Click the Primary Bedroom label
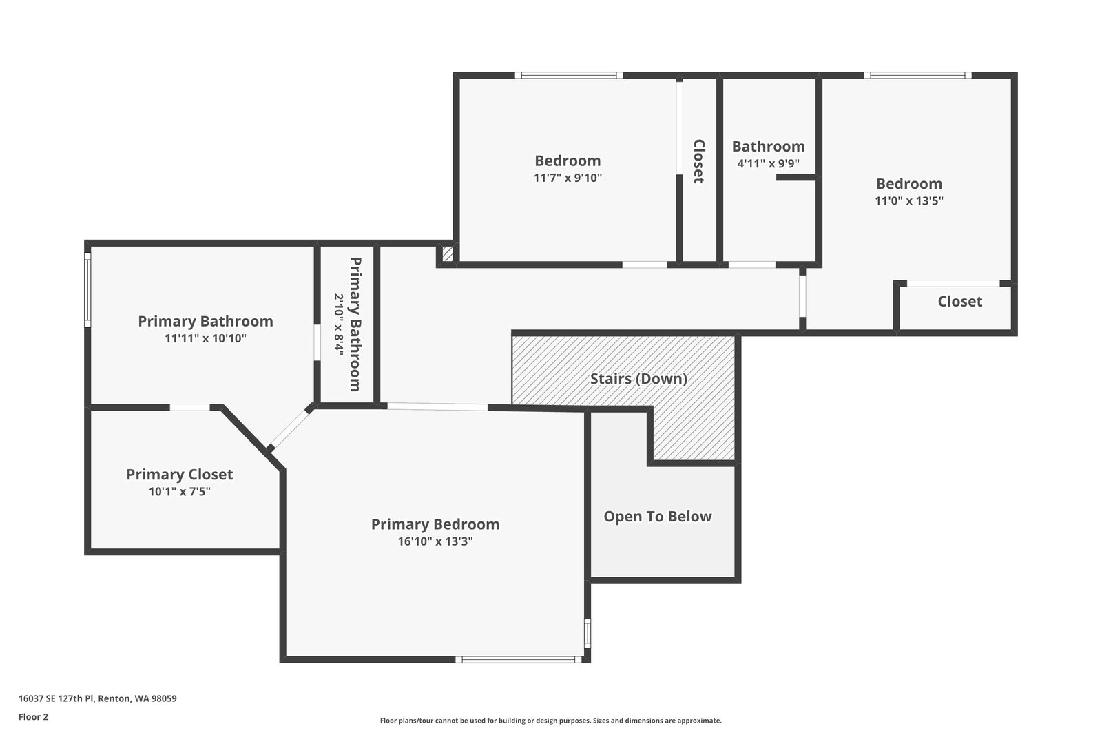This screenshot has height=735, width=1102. click(x=435, y=524)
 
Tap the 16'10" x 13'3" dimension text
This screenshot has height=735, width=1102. click(x=435, y=541)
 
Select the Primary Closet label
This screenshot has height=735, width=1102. click(x=180, y=475)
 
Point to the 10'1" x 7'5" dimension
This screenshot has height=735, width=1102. click(x=180, y=491)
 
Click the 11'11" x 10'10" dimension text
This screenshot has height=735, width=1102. click(x=206, y=338)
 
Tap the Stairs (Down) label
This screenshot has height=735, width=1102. click(x=638, y=379)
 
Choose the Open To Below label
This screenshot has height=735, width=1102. click(x=658, y=517)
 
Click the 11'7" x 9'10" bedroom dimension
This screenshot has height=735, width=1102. click(x=568, y=178)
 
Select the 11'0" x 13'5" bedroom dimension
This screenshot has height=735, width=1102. click(x=909, y=200)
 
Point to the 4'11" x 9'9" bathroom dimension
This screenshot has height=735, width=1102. click(x=769, y=163)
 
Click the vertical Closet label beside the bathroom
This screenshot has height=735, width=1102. click(x=699, y=161)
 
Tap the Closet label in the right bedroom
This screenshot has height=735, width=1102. click(x=960, y=302)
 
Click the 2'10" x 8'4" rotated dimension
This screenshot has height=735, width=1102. click(x=339, y=324)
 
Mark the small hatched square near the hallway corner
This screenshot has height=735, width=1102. click(x=448, y=254)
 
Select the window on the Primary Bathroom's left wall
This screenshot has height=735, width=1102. click(x=87, y=290)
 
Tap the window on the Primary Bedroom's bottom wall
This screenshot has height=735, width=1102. click(x=519, y=660)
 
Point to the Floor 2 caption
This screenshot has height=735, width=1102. click(x=34, y=717)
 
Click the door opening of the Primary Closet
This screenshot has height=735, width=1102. click(x=190, y=407)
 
